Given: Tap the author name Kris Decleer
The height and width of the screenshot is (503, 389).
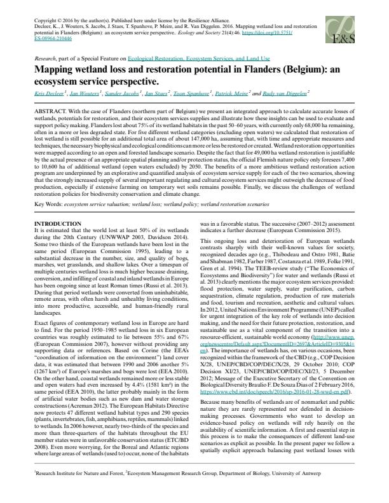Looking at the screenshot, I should pos(50,93).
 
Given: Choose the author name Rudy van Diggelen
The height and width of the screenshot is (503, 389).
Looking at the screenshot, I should pos(285,93).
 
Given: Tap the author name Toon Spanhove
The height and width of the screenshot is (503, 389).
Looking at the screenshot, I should pos(191,93).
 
